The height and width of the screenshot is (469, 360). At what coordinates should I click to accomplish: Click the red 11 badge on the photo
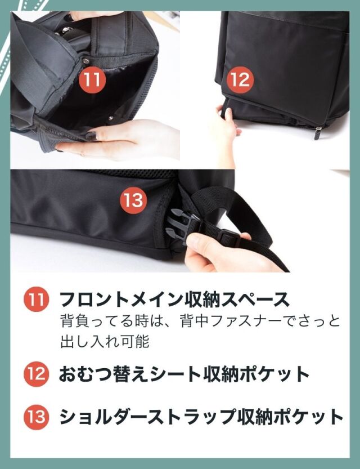[92, 80]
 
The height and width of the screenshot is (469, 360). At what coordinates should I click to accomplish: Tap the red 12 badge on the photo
[240, 80]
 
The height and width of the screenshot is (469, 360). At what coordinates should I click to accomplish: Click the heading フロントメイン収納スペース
[174, 299]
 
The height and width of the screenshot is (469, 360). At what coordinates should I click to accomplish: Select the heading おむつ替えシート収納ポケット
[184, 374]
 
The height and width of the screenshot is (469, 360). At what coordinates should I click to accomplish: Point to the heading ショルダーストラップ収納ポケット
[201, 417]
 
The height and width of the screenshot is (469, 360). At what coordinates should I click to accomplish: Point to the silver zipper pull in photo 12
[318, 133]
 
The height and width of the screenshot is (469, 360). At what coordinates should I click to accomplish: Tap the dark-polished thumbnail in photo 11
[92, 136]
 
